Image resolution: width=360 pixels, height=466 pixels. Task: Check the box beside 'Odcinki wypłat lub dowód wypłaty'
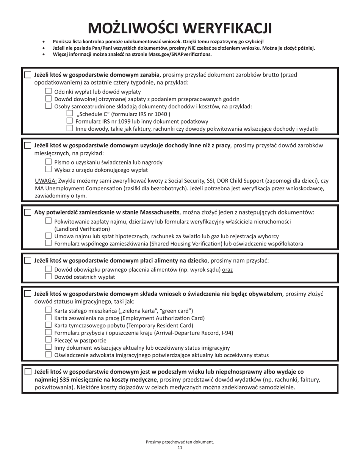(49, 91)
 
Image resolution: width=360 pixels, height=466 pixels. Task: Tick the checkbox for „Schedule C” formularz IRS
(70, 113)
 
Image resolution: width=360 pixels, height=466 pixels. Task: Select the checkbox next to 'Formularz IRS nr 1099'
(70, 121)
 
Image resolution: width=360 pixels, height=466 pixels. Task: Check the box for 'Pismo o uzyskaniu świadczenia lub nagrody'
(49, 162)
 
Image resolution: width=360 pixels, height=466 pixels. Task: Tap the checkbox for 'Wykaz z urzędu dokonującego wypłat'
(49, 169)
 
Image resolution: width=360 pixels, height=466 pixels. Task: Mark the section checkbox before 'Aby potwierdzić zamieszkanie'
(28, 212)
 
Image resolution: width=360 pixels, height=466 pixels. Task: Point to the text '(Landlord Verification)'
(82, 229)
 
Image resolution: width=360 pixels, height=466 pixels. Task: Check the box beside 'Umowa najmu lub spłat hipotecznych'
(49, 236)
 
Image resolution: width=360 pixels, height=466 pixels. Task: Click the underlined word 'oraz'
(227, 269)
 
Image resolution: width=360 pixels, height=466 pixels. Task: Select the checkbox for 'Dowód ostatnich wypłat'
(49, 276)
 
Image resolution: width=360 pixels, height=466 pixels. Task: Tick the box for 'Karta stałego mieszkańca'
(49, 310)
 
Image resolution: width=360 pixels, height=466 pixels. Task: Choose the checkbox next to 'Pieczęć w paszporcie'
(49, 340)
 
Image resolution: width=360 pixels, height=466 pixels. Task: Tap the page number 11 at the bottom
(180, 448)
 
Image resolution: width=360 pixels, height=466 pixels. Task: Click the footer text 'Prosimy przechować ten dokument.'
(180, 442)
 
